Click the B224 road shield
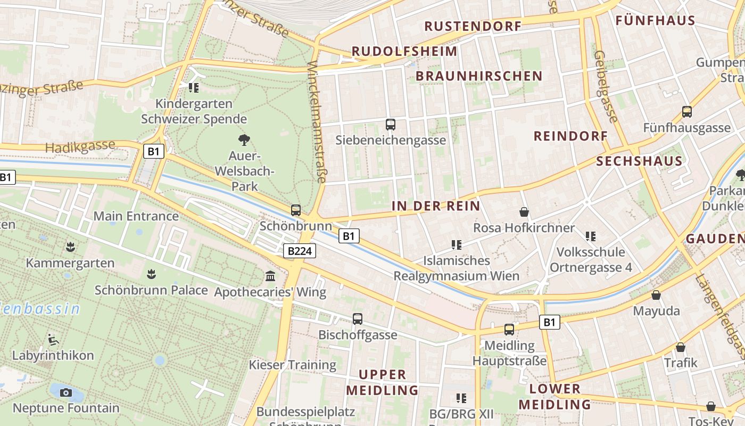[300, 251]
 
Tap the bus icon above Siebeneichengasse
[391, 125]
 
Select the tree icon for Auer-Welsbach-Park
[244, 141]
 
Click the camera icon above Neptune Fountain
[66, 392]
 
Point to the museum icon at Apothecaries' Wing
[270, 276]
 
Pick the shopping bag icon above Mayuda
[656, 295]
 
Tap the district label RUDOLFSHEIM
[404, 52]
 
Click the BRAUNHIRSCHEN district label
[479, 76]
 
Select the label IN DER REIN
[436, 206]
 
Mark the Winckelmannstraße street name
[317, 122]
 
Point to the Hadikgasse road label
[80, 146]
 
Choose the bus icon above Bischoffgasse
[358, 319]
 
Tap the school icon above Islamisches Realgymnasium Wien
[456, 245]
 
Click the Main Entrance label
[136, 216]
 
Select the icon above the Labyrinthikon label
[53, 339]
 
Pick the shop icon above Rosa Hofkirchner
[524, 212]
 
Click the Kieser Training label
[293, 365]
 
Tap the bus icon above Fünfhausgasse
[687, 112]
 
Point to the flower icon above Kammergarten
[70, 247]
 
